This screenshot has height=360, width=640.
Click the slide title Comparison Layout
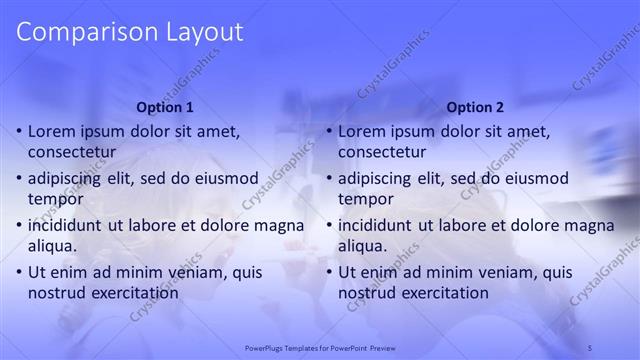130,32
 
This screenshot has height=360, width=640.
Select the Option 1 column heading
165,107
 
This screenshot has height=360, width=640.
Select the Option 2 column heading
476,107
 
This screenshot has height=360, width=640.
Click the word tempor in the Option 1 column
54,199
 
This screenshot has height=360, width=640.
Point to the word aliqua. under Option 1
55,246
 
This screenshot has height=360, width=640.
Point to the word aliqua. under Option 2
365,246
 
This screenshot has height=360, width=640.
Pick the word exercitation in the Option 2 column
442,293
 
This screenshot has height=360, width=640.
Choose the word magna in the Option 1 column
282,226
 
